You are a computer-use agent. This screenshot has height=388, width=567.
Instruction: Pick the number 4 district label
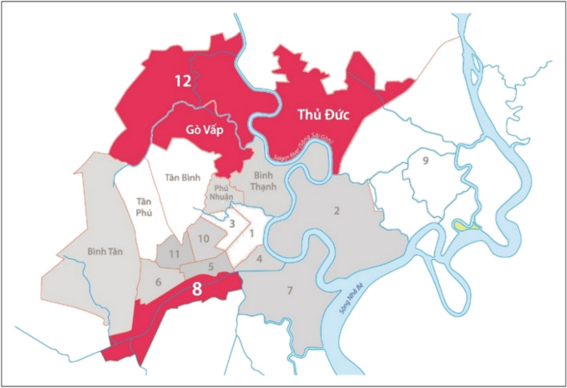[259, 259]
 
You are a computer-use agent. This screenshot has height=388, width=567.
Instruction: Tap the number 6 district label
[158, 281]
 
